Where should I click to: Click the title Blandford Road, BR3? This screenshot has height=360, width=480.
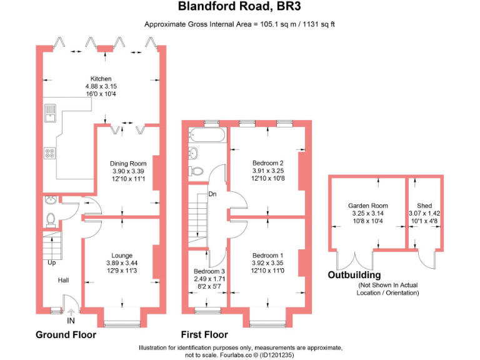[x=241, y=7]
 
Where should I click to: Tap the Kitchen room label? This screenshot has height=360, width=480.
[x=101, y=79]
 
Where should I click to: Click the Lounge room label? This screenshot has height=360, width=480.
[x=122, y=255]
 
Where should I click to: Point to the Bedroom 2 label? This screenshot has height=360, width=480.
[x=267, y=163]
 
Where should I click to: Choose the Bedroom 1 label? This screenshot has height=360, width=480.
[x=267, y=255]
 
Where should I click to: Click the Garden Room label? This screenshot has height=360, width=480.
[x=367, y=206]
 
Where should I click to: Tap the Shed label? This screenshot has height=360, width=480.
[x=424, y=206]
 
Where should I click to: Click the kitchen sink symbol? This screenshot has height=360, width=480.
[x=50, y=114]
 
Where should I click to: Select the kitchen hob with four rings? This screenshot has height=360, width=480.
[x=50, y=153]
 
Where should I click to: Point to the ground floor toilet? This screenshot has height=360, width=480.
[x=51, y=219]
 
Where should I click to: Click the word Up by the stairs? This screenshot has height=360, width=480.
[x=51, y=262]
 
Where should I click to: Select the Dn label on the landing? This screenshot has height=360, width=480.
[x=212, y=194]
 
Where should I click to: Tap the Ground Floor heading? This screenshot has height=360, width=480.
[x=66, y=334]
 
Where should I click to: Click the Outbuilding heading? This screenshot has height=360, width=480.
[x=354, y=275]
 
